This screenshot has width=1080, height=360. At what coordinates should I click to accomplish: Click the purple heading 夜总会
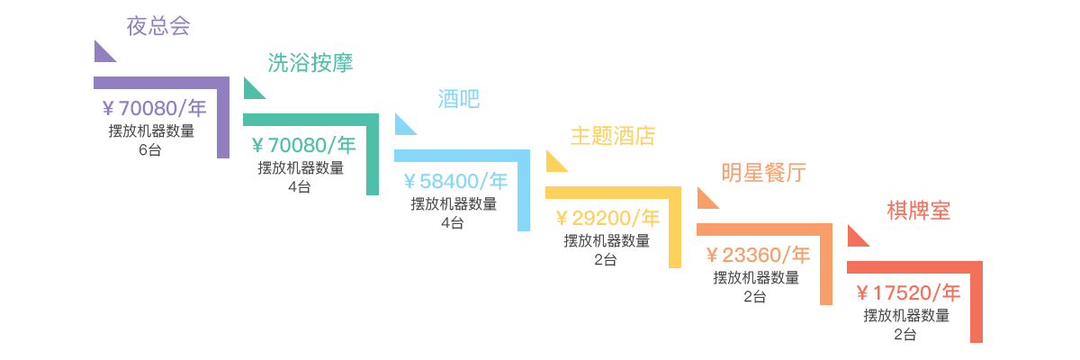point(158,26)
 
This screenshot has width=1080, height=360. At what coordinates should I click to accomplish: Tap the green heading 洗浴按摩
point(310,63)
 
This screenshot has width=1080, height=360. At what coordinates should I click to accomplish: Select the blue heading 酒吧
point(458,99)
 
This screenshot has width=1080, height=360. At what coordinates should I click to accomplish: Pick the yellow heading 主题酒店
point(613,136)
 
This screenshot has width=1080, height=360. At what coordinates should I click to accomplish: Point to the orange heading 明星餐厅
point(764,173)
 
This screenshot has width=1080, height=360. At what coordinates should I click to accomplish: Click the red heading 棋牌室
point(919,211)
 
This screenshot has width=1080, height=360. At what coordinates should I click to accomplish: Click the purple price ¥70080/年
point(154,108)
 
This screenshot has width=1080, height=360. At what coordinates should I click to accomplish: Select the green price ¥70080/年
point(304,145)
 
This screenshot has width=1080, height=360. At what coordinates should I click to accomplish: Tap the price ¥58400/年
point(455,181)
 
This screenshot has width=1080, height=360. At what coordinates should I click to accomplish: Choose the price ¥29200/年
point(607,219)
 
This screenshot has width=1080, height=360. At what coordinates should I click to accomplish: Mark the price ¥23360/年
point(758,255)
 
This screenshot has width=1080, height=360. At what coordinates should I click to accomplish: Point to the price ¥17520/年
point(908,292)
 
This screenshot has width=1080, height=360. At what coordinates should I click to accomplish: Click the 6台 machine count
point(150,150)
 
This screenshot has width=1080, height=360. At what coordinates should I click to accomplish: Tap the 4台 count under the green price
point(300,187)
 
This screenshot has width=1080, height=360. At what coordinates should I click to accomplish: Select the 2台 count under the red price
point(905,335)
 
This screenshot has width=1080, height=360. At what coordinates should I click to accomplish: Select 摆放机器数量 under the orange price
point(756,277)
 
